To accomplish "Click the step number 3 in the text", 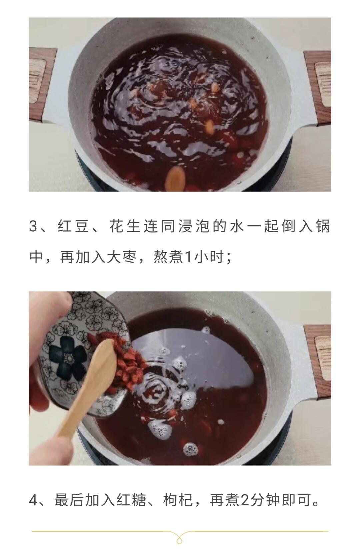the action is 33,227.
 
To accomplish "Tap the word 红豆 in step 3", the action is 74,227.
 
